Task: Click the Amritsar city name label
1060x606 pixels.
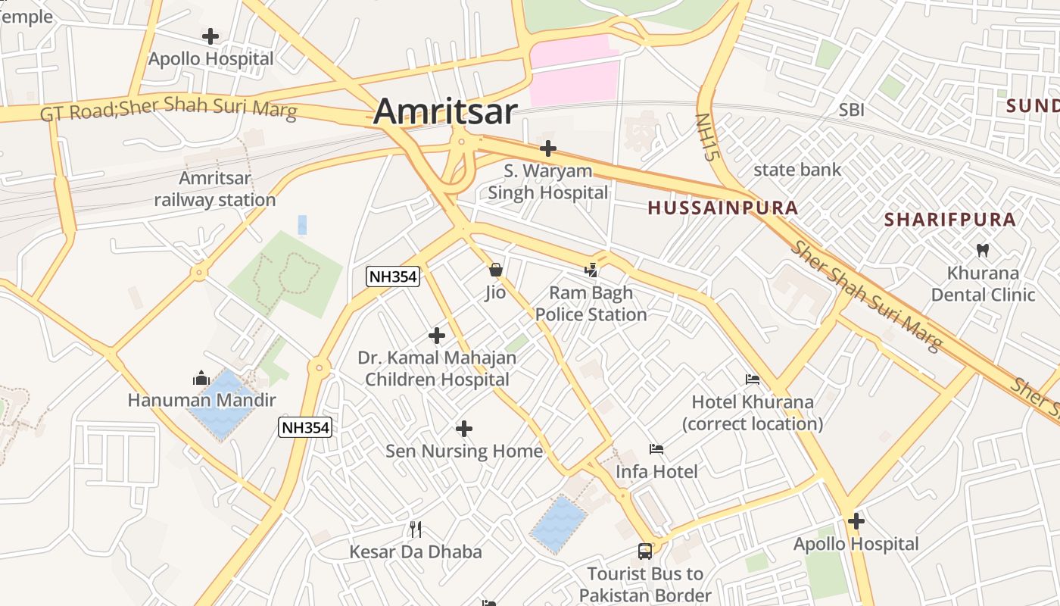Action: (445, 111)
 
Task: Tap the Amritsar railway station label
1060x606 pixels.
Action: (215, 189)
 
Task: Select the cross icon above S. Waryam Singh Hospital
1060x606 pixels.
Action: (547, 148)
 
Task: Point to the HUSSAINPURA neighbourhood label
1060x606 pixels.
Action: (723, 208)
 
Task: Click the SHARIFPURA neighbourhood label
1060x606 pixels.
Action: (950, 220)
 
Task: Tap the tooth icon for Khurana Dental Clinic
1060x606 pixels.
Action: (983, 250)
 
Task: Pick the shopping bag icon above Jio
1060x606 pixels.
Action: (496, 270)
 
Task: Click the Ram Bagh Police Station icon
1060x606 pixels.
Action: (591, 270)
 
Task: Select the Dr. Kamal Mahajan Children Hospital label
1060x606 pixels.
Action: (437, 368)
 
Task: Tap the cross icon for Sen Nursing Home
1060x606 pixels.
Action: (464, 430)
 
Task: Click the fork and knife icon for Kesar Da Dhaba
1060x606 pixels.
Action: (415, 529)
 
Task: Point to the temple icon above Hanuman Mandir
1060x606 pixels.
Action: (201, 377)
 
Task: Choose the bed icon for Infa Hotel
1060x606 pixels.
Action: (656, 449)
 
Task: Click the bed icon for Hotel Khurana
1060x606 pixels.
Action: (753, 380)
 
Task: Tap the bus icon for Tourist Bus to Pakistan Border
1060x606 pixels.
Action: (645, 551)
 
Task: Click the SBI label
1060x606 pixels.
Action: (851, 111)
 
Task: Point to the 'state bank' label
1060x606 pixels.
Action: (797, 170)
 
